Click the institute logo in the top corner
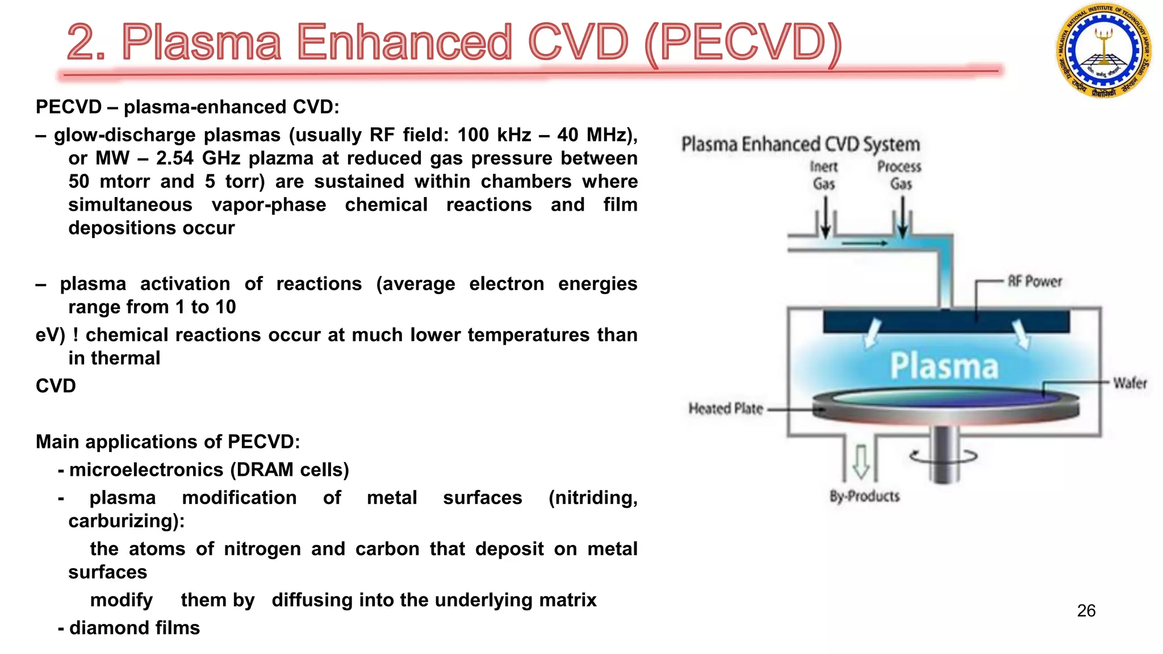pyautogui.click(x=1103, y=51)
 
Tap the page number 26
pyautogui.click(x=1086, y=611)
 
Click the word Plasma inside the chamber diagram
pyautogui.click(x=944, y=366)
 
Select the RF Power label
pyautogui.click(x=1034, y=282)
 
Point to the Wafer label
pyautogui.click(x=1129, y=383)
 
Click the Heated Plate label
pyautogui.click(x=725, y=409)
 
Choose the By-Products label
pyautogui.click(x=864, y=496)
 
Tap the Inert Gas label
pyautogui.click(x=823, y=175)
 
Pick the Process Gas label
pyautogui.click(x=900, y=175)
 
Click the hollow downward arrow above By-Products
pyautogui.click(x=861, y=461)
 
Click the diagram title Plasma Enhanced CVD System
pyautogui.click(x=800, y=144)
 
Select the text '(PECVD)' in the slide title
pyautogui.click(x=743, y=43)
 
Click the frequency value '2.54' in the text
pyautogui.click(x=174, y=158)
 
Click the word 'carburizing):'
pyautogui.click(x=126, y=521)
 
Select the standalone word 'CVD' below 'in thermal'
pyautogui.click(x=56, y=386)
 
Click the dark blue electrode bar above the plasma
pyautogui.click(x=946, y=322)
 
